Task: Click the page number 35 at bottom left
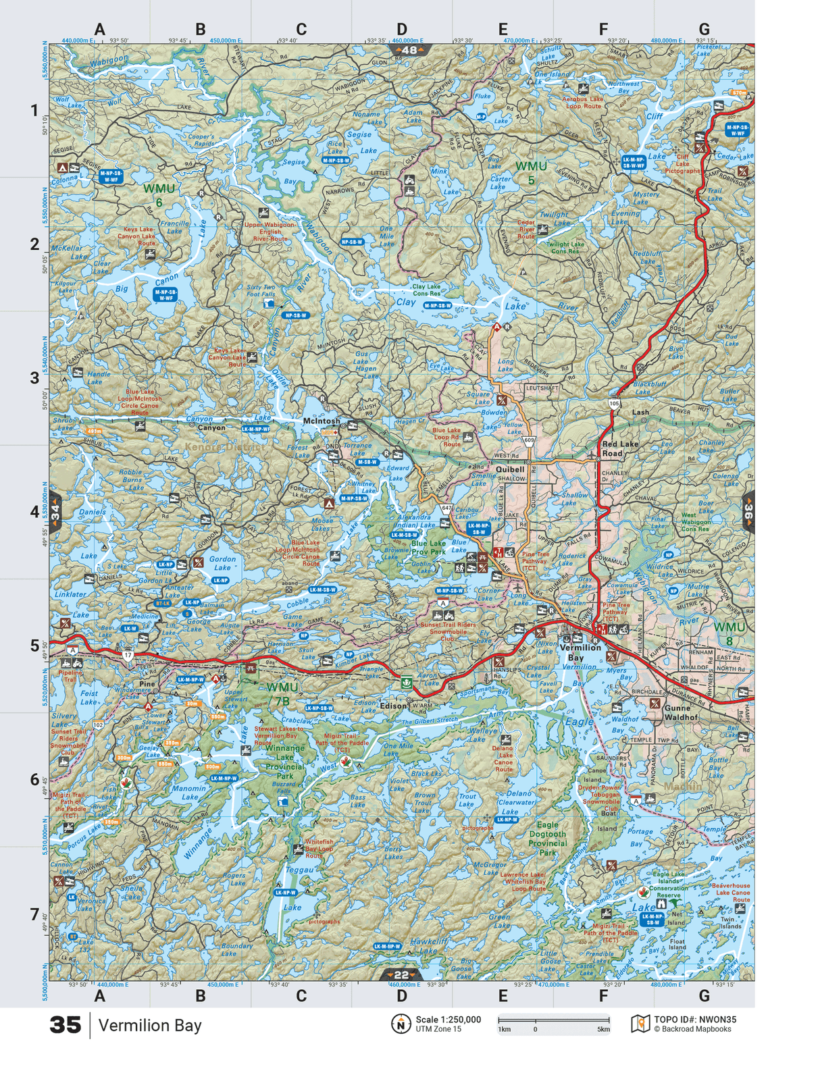tap(66, 1025)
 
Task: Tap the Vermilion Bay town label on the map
tap(580, 652)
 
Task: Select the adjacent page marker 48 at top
tap(408, 50)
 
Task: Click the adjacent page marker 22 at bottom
tap(402, 974)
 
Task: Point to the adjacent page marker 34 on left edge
tap(55, 512)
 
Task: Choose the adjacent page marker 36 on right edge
tap(748, 512)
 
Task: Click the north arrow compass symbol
tap(401, 1024)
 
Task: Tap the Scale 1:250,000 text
tap(449, 1020)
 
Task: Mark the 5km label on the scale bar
tap(603, 1030)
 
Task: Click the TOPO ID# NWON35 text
tap(695, 1020)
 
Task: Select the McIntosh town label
tap(322, 421)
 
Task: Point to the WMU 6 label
tap(159, 195)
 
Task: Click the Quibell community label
tap(510, 469)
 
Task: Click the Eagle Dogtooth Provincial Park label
tap(547, 839)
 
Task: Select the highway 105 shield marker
tap(614, 403)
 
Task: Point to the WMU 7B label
tap(282, 693)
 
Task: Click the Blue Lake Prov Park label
tap(428, 548)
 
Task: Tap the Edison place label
tap(392, 706)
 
